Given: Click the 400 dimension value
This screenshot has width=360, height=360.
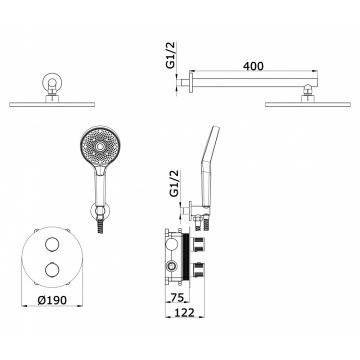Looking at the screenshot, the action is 253,66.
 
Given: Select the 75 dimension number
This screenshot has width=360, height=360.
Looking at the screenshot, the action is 177,297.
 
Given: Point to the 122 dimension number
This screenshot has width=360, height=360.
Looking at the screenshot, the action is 184,312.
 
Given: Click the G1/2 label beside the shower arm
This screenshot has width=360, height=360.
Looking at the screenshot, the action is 171,55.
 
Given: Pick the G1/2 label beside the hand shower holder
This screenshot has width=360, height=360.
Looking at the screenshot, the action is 174,183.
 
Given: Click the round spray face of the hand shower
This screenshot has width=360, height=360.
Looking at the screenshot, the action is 100,146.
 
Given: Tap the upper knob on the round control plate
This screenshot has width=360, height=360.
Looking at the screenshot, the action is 52,244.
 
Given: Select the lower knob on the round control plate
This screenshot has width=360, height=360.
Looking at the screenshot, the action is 52,270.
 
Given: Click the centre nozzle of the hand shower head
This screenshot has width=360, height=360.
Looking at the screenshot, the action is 100,146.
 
